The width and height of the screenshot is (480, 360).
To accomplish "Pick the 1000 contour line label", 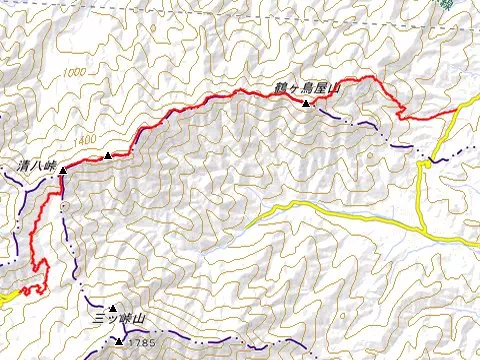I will pos(73,74).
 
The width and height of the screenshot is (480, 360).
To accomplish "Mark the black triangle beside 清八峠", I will pos(63,170).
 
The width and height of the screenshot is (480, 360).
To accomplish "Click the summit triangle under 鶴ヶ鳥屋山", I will pos(305,102).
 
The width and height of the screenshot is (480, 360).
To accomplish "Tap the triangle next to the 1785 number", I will pos(119,342).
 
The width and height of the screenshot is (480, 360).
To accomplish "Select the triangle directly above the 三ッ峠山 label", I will pos(113,308).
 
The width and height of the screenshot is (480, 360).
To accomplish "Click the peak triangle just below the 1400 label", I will pos(107,155).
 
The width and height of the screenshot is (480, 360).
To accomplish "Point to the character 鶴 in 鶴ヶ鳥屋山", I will pos(282,88).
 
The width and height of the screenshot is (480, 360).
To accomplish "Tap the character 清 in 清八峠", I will pos(22,164).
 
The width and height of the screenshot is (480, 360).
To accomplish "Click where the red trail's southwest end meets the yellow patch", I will pos(22,292).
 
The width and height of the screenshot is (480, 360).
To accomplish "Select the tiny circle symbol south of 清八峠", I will pos(63,205).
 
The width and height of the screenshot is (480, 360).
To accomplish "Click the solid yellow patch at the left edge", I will pos(5,296).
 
